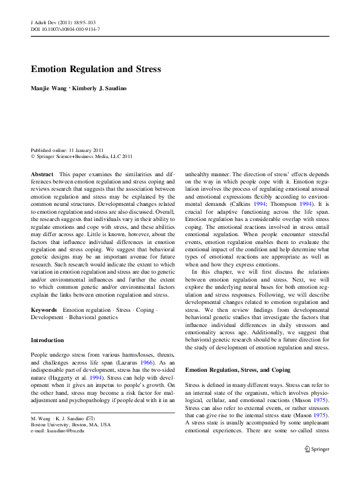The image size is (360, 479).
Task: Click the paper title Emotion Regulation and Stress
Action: (96, 69)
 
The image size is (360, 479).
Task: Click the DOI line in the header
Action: (65, 29)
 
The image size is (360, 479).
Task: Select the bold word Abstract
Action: (42, 173)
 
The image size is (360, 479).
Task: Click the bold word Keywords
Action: (44, 310)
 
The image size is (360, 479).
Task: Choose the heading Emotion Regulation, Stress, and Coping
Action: (237, 369)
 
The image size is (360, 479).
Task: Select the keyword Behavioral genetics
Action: (94, 317)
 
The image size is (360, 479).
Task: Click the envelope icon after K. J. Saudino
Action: (89, 418)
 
